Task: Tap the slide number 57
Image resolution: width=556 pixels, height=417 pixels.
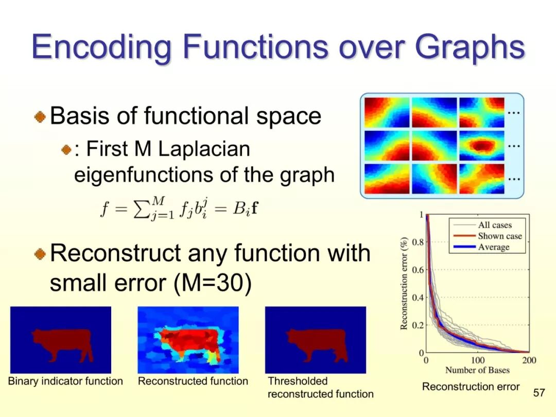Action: click(539, 392)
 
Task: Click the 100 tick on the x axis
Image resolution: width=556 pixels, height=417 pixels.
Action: click(478, 360)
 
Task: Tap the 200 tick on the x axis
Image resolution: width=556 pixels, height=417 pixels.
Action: click(529, 360)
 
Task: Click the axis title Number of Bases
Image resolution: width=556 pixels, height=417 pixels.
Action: click(477, 370)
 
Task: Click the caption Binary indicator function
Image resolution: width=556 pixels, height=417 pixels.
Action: click(65, 381)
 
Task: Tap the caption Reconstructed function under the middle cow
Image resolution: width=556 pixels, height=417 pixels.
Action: click(193, 381)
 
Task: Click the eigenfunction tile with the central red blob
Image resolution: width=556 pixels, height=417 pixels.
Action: click(481, 145)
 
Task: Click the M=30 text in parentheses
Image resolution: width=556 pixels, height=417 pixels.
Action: click(213, 283)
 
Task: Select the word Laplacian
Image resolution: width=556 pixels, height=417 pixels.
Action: click(204, 149)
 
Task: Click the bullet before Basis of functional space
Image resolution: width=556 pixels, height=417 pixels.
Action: click(41, 116)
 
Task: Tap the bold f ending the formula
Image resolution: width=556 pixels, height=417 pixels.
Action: click(254, 208)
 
